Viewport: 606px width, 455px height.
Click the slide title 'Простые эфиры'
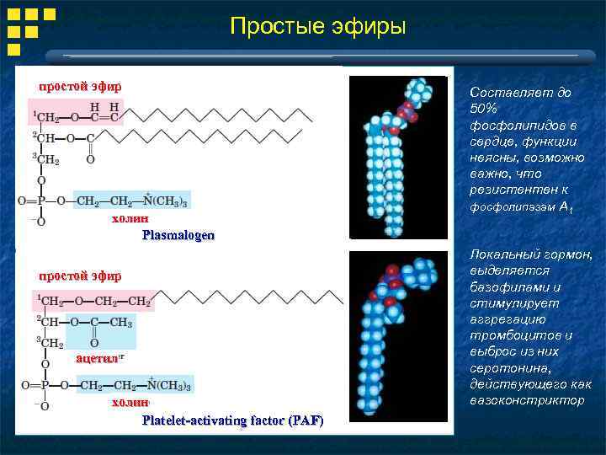317,27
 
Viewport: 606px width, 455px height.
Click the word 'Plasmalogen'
178,235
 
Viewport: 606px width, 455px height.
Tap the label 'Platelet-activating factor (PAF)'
232,420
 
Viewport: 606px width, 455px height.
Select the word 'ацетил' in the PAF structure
97,358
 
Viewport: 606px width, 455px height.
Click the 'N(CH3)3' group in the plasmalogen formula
166,201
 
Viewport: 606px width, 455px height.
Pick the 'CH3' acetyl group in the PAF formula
120,322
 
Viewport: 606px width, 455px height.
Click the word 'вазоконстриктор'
527,400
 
